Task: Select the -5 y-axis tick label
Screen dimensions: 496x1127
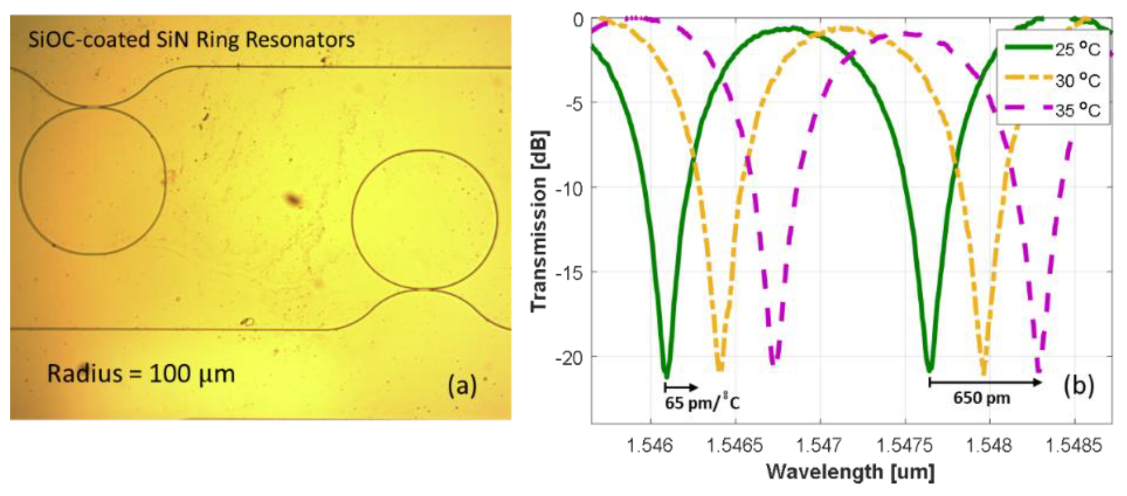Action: click(x=574, y=105)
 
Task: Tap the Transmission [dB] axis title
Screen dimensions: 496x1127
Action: click(x=539, y=221)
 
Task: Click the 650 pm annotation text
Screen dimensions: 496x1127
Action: click(x=982, y=398)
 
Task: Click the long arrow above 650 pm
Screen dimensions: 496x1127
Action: click(x=985, y=382)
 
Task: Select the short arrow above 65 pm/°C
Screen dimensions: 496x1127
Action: click(x=681, y=387)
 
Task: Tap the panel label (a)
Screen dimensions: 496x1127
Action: click(x=462, y=386)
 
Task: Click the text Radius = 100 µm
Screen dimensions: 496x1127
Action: click(x=141, y=374)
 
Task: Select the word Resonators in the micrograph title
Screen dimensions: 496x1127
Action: click(x=300, y=40)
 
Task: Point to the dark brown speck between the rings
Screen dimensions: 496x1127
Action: click(x=293, y=200)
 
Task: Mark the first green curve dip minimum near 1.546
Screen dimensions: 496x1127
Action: click(x=666, y=375)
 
